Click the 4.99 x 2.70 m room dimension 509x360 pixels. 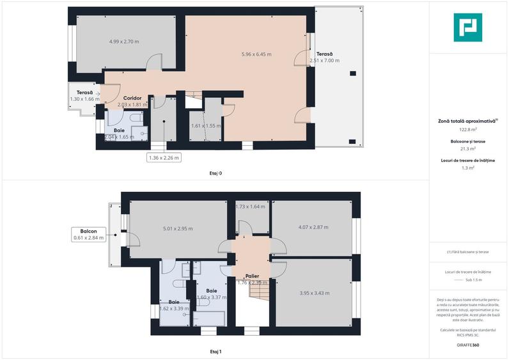(x=124, y=42)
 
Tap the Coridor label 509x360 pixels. (x=132, y=98)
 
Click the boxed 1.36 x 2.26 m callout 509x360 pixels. (x=164, y=157)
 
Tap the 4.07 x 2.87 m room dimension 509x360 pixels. (x=313, y=226)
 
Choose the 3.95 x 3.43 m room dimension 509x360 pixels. (x=314, y=293)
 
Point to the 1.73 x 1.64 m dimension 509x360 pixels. (x=250, y=207)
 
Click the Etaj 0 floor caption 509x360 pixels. (x=215, y=173)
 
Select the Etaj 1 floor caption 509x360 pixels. (x=215, y=351)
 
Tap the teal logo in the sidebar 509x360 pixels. (x=467, y=27)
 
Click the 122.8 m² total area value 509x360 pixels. (x=467, y=129)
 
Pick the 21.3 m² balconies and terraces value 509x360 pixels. (x=467, y=148)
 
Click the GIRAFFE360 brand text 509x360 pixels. (x=467, y=345)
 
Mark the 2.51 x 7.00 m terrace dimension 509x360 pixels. (x=324, y=61)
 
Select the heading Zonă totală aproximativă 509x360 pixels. (x=467, y=120)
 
